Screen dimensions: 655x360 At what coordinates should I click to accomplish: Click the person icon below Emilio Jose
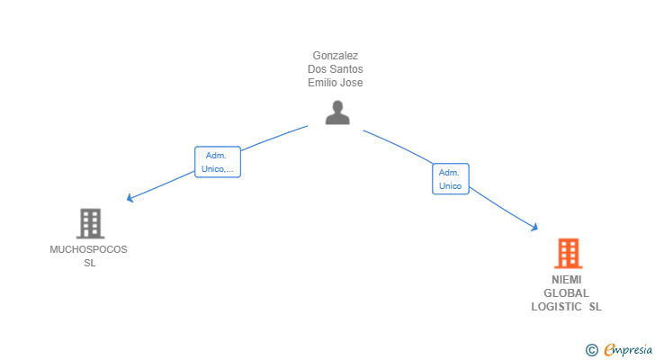pos(337,112)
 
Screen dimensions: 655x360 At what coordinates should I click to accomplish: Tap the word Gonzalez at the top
pos(335,56)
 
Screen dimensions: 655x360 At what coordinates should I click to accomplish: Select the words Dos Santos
pos(335,69)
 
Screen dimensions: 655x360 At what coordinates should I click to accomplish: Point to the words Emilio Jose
pos(335,83)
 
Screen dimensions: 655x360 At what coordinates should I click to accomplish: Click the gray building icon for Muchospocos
pos(90,223)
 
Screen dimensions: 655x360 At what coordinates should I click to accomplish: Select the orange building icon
pos(567,254)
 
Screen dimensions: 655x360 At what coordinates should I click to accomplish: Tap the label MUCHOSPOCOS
pos(88,249)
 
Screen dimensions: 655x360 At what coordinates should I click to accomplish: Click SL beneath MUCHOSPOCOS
pos(89,263)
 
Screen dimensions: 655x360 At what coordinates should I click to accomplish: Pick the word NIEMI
pos(567,280)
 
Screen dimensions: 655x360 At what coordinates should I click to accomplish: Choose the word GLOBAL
pos(567,293)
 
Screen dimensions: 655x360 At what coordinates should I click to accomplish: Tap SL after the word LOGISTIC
pos(596,307)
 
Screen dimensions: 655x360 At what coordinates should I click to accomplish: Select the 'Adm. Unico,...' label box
pos(218,162)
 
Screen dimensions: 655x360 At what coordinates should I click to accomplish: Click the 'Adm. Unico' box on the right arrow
pos(450,179)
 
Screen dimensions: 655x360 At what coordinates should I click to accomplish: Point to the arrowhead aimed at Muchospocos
pos(130,197)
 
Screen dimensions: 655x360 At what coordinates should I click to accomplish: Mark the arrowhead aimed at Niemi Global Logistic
pos(534,228)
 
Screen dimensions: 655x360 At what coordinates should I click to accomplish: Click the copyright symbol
pos(591,350)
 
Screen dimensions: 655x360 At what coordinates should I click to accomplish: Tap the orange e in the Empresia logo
pos(609,350)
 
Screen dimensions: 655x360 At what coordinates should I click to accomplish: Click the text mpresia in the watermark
pos(633,349)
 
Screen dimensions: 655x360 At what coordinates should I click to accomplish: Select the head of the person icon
pos(337,106)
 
